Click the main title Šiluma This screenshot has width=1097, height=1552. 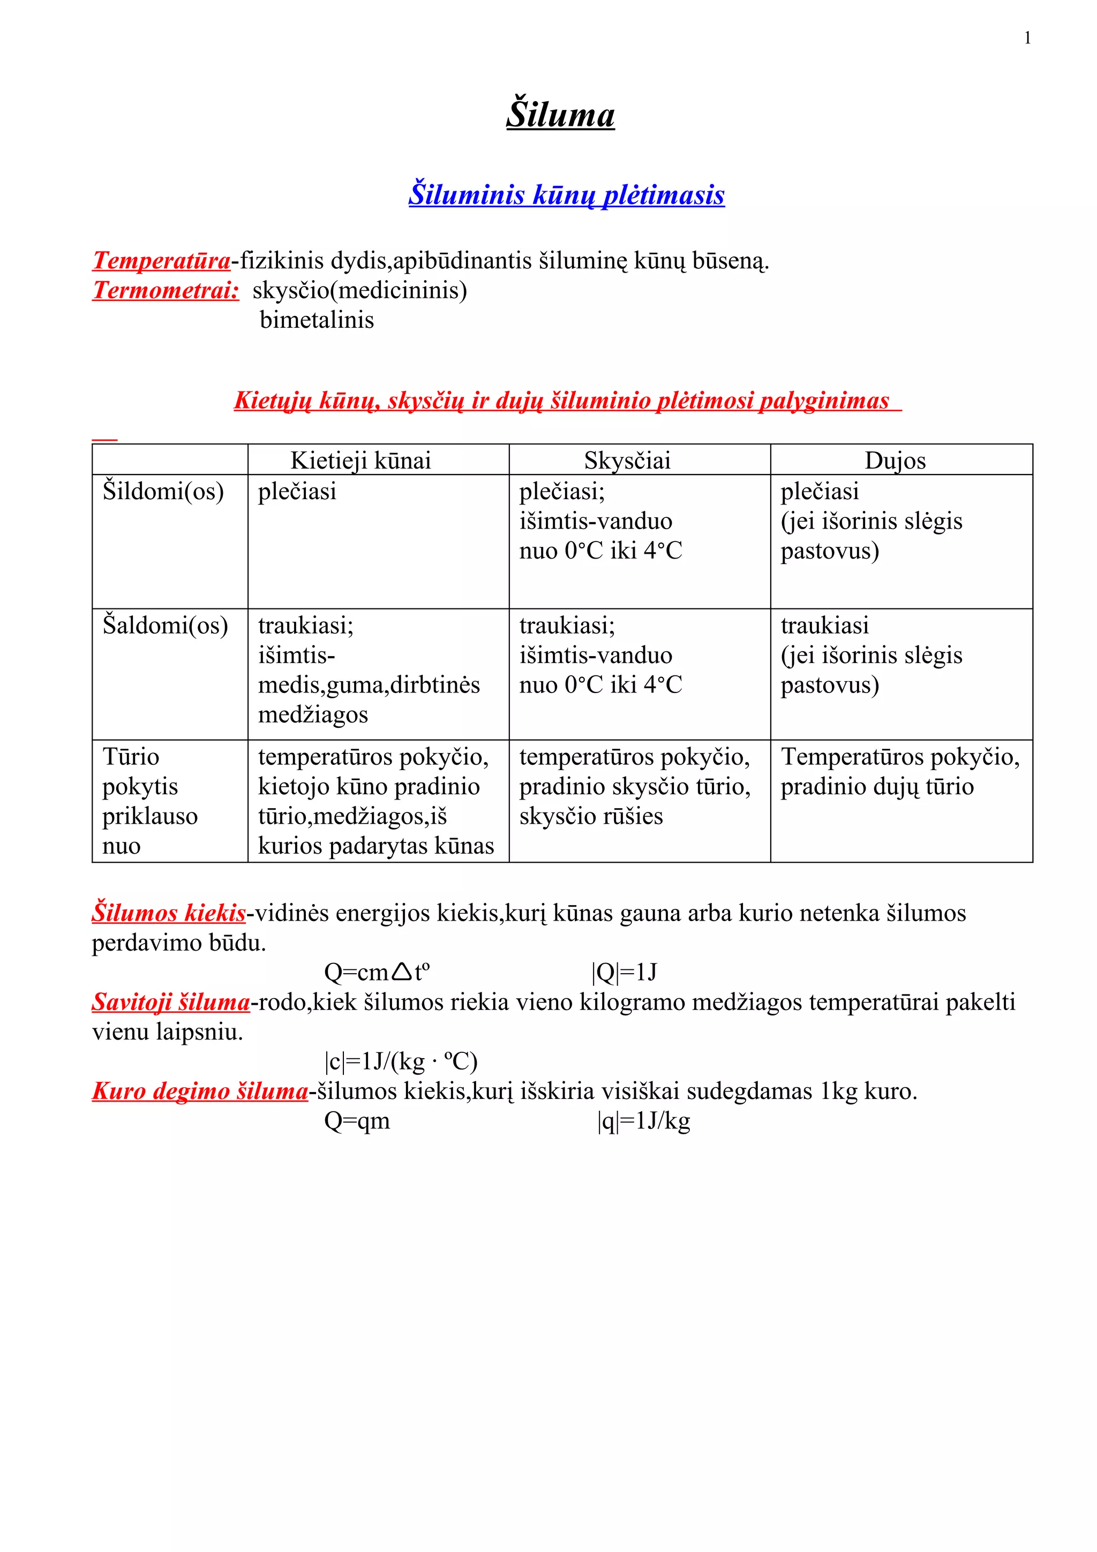coord(560,114)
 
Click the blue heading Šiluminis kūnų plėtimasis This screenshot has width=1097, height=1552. coord(566,195)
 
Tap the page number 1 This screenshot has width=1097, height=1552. coord(1027,39)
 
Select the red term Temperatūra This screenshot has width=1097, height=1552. coord(162,260)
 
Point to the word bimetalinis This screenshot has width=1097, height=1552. coord(317,320)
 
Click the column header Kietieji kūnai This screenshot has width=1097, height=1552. coord(360,461)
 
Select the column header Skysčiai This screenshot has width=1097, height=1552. coord(627,461)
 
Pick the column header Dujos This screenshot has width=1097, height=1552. coord(895,461)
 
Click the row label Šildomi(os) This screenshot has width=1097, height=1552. coord(163,491)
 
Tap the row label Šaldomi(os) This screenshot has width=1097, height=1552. coord(165,626)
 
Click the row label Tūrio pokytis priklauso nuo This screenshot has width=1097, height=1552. coord(149,801)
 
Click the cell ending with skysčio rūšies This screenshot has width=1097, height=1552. coord(634,786)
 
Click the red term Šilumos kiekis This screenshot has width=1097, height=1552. coord(169,913)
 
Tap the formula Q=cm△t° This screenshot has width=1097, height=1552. coord(377,973)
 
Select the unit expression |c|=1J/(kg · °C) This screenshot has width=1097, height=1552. coord(401,1062)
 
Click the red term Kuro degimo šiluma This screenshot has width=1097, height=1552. coord(200,1091)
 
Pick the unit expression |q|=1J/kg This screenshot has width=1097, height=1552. coord(643,1121)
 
